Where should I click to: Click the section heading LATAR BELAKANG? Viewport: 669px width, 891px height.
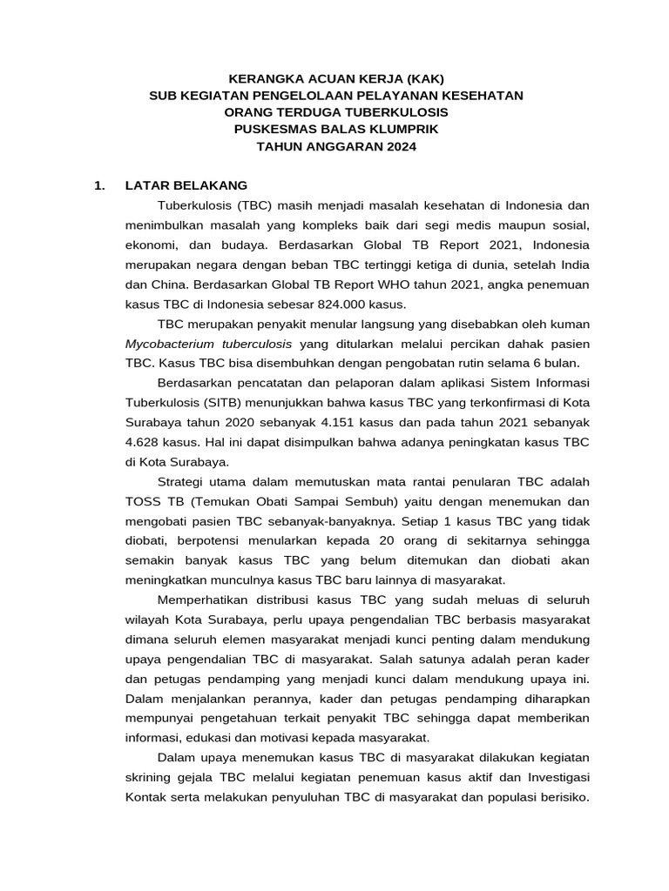tap(186, 185)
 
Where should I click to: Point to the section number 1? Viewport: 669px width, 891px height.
tap(99, 185)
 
